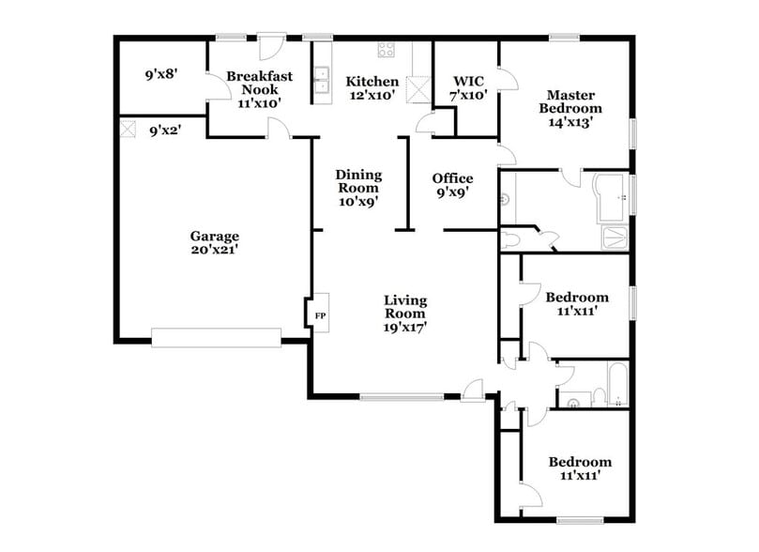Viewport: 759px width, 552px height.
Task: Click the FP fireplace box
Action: point(319,315)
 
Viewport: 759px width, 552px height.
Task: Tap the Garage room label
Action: point(214,237)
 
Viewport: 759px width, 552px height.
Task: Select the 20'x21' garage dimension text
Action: point(214,251)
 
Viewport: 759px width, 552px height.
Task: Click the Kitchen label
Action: point(372,82)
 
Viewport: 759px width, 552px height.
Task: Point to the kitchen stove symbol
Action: point(385,50)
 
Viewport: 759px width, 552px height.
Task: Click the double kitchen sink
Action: point(324,81)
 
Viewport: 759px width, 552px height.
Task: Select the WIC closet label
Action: point(467,82)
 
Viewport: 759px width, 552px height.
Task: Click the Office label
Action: point(452,178)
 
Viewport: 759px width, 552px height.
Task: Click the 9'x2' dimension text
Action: point(165,131)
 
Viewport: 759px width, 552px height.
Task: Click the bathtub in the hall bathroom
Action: point(618,385)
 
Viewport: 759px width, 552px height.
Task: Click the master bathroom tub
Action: point(611,199)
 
